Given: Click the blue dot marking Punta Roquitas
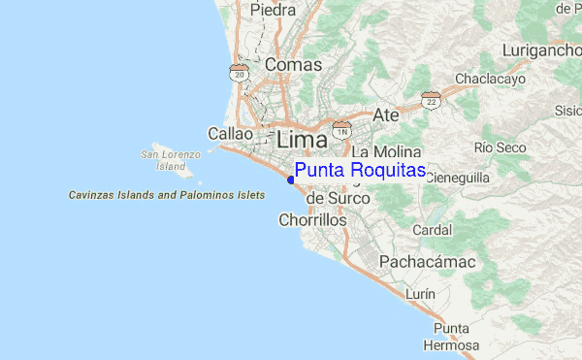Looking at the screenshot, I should [291, 180].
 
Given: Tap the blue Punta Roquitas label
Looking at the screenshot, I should [360, 171].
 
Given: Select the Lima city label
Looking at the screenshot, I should [305, 138].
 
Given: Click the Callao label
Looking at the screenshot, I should [231, 134].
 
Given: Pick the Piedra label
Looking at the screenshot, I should [274, 10].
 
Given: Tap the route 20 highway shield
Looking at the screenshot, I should [239, 72].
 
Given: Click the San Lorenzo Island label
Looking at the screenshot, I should [170, 160].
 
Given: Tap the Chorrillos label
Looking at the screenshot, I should [312, 220].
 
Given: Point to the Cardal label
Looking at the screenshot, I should [432, 231].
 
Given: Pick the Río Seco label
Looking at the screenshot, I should [501, 147].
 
